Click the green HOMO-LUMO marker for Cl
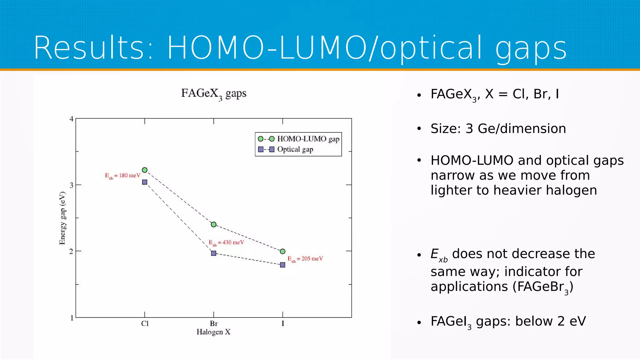(x=145, y=170)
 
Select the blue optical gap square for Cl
(x=145, y=182)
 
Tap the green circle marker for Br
(x=214, y=224)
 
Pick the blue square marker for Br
(x=214, y=253)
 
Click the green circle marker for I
(x=283, y=251)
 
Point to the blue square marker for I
(x=283, y=265)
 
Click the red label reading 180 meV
(x=122, y=176)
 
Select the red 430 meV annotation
(x=226, y=242)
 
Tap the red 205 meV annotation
(x=305, y=259)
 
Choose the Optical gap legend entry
(x=295, y=149)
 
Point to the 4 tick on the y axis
(x=72, y=119)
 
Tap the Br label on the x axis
(x=214, y=323)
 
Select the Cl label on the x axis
(x=145, y=323)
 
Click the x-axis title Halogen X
(x=213, y=332)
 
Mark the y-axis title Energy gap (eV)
(x=62, y=218)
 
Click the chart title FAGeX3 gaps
(x=214, y=93)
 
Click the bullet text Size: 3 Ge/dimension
(x=498, y=129)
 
